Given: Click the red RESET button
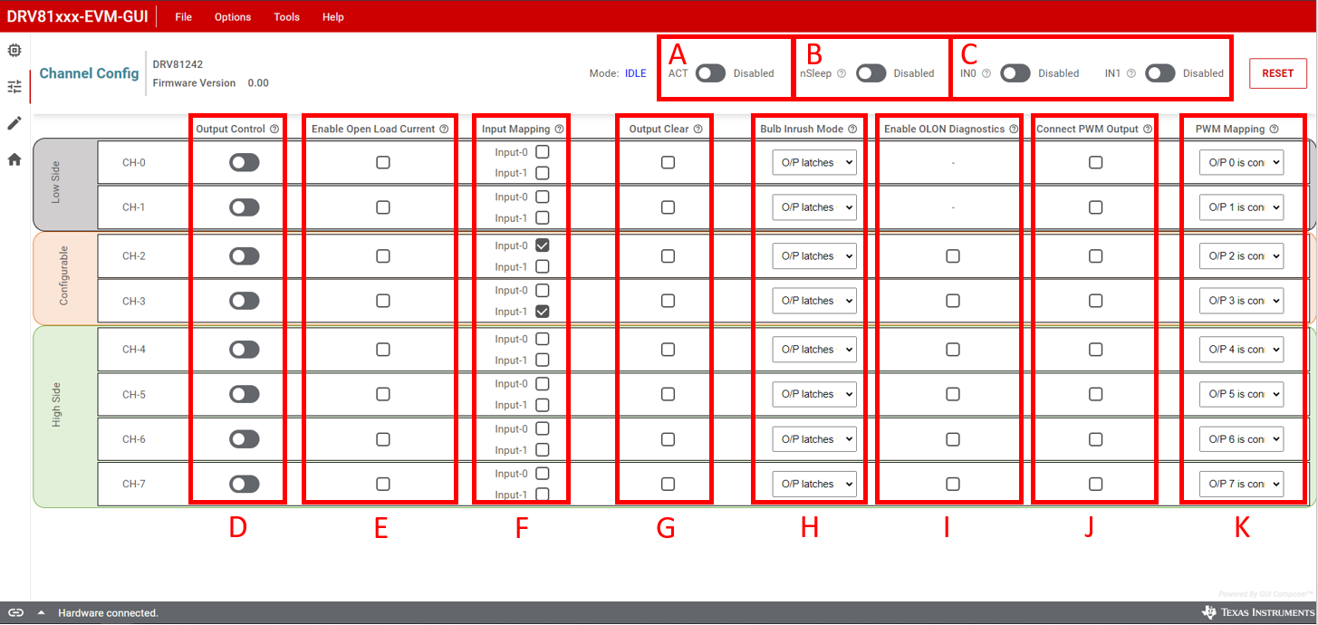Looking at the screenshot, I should pyautogui.click(x=1277, y=73).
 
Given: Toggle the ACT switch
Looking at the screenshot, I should pyautogui.click(x=710, y=73).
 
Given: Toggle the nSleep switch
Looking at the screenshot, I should pyautogui.click(x=871, y=73).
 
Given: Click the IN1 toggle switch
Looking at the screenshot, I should pyautogui.click(x=1159, y=73).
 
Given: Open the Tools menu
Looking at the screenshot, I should pyautogui.click(x=286, y=17).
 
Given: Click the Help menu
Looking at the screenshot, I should pyautogui.click(x=333, y=17).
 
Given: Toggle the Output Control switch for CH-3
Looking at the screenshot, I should pyautogui.click(x=244, y=301).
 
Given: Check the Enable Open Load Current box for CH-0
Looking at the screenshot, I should pyautogui.click(x=383, y=162).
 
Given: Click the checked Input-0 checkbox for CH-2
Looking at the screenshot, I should pyautogui.click(x=542, y=245).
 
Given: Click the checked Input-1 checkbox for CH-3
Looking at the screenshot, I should pyautogui.click(x=542, y=312).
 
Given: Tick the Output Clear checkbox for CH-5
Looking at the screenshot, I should pyautogui.click(x=668, y=394).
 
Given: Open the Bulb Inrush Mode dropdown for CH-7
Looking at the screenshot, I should pyautogui.click(x=814, y=484).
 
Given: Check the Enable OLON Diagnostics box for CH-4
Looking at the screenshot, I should pyautogui.click(x=953, y=350).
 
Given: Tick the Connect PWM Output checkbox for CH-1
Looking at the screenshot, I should pyautogui.click(x=1095, y=207).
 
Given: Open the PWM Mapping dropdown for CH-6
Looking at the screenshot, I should pyautogui.click(x=1241, y=439).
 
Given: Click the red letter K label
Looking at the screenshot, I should pyautogui.click(x=1242, y=528).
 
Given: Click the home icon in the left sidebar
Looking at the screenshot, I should pyautogui.click(x=14, y=159).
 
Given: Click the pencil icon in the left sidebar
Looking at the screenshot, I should pyautogui.click(x=14, y=123).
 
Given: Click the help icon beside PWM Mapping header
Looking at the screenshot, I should pyautogui.click(x=1274, y=130).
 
